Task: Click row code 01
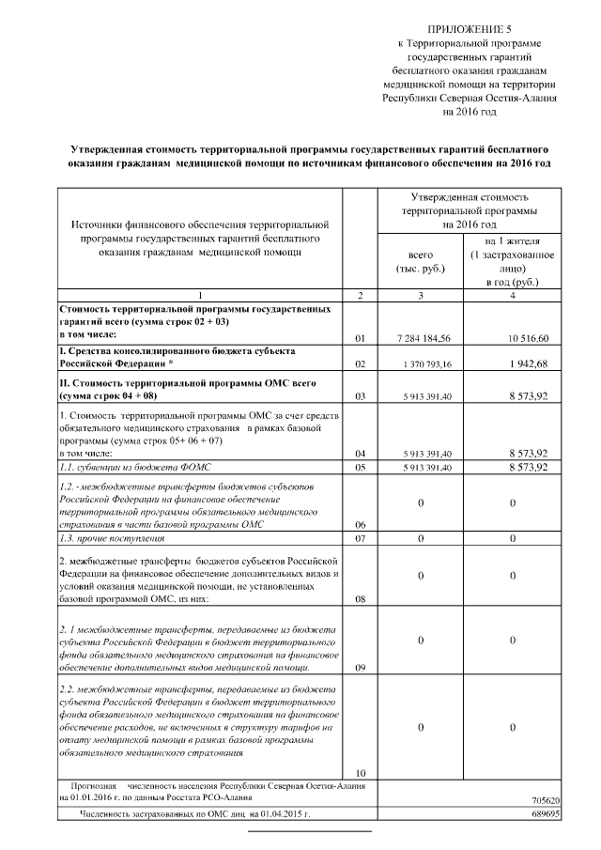pos(361,336)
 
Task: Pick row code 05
pos(361,468)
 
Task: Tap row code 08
pos(361,597)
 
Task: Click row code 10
pos(361,772)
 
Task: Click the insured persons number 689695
pos(546,813)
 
